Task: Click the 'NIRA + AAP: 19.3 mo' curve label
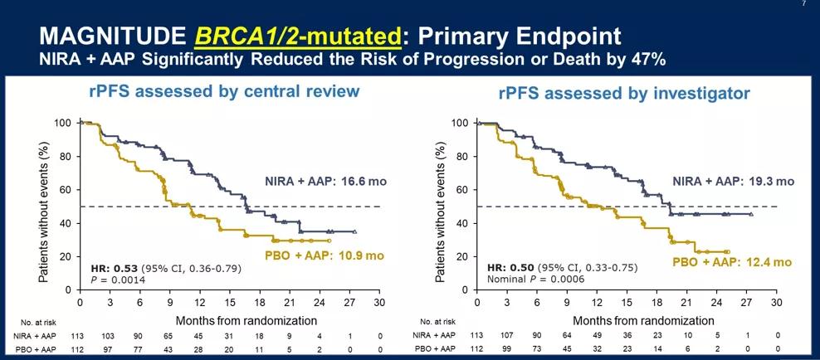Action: click(733, 181)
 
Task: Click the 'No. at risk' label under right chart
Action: click(438, 320)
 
